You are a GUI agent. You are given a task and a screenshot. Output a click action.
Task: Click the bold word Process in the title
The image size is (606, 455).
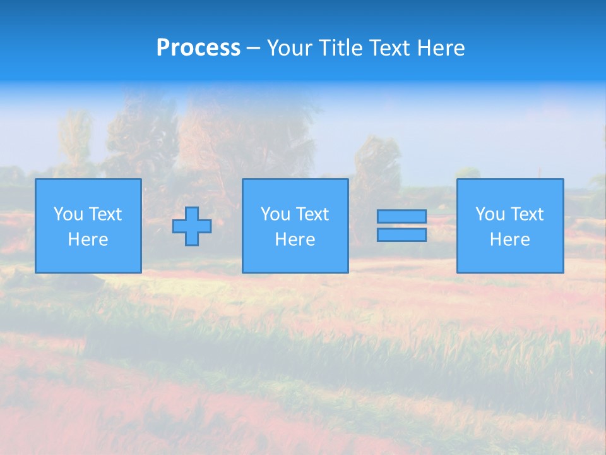click(x=198, y=48)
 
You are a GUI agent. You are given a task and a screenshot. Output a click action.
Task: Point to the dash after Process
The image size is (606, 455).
click(x=253, y=49)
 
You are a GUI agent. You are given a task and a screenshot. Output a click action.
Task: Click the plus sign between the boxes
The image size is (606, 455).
click(x=192, y=226)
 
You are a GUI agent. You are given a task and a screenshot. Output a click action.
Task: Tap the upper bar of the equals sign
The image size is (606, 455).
click(x=401, y=217)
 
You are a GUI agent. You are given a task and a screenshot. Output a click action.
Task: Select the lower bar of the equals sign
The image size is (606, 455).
click(x=401, y=235)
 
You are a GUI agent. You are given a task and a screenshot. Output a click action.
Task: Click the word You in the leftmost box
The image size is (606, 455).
click(x=68, y=214)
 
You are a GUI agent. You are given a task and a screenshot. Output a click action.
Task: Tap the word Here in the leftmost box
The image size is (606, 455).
click(x=88, y=240)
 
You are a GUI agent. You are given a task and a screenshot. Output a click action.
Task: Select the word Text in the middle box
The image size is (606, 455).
click(x=312, y=214)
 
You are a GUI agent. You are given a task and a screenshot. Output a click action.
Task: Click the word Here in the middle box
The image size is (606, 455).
click(x=295, y=240)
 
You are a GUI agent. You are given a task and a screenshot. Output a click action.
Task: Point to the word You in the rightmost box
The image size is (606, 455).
click(x=490, y=214)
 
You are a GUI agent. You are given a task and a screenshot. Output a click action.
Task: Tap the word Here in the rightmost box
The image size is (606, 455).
click(x=509, y=240)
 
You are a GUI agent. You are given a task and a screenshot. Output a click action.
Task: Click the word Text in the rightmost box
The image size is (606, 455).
click(x=527, y=214)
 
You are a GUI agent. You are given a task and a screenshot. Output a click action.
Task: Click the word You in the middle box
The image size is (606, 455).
click(x=275, y=214)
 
